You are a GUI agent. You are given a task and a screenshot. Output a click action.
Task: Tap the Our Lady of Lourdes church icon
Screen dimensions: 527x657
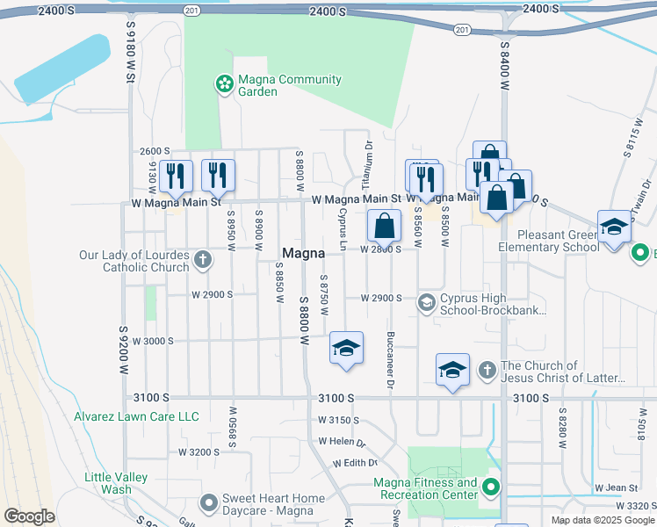coord(203,259)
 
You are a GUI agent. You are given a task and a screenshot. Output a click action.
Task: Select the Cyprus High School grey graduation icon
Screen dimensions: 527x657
coord(426,303)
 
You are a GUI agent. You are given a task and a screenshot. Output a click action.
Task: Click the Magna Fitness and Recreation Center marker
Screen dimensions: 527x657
coord(491,487)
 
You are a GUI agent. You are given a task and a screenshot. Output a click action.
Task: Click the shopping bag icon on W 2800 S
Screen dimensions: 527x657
coord(384,227)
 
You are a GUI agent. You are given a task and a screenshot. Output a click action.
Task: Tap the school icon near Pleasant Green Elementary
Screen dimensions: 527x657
coord(614,227)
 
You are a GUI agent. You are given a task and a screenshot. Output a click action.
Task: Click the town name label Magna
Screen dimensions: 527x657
coord(303,253)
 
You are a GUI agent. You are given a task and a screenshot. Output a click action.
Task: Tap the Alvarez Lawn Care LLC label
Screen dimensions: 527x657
coord(136,416)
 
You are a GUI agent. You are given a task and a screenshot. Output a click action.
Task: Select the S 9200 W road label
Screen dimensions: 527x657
coord(124,351)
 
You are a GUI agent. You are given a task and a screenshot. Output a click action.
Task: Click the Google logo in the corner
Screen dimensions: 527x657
coord(29,516)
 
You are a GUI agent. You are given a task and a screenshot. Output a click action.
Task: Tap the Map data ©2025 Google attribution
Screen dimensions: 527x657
coord(602,520)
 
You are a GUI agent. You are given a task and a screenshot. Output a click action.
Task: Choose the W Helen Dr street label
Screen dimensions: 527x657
coord(342,444)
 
